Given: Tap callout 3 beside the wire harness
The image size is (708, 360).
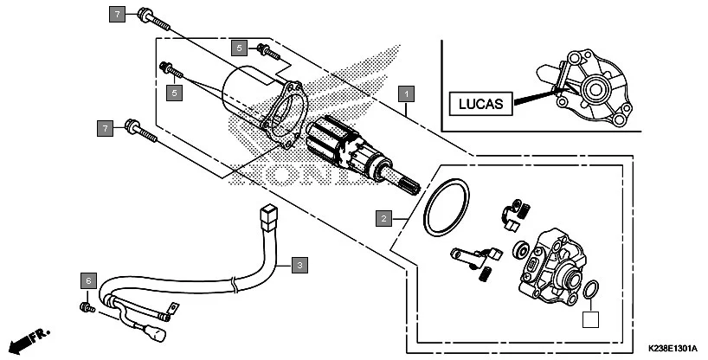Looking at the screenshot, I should tap(298, 264).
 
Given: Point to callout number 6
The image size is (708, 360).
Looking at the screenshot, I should tap(87, 280).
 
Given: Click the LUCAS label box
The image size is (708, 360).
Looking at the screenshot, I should tap(480, 103).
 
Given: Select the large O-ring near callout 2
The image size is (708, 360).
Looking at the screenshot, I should tap(447, 207).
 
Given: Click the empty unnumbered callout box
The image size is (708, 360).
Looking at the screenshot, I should tap(589, 320).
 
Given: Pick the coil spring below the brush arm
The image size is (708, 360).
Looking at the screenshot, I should tap(487, 274).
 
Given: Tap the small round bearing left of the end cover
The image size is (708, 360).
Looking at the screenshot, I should tap(522, 251).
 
